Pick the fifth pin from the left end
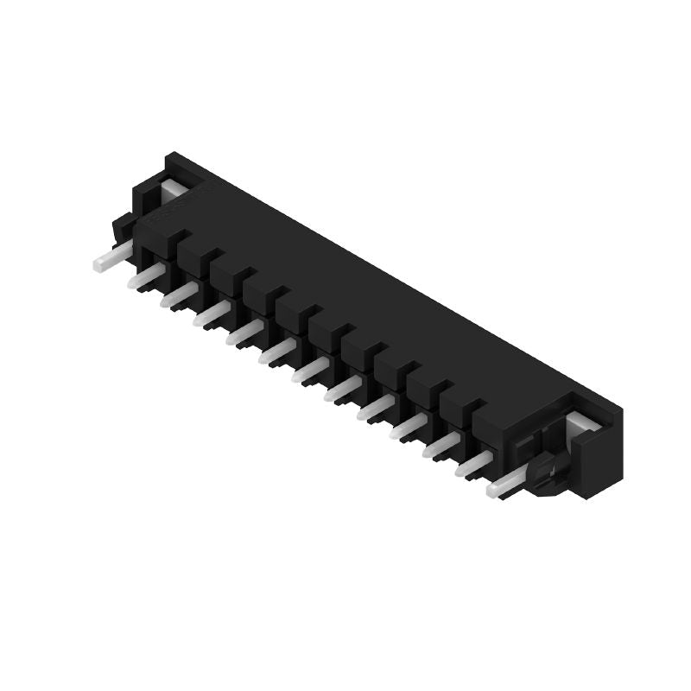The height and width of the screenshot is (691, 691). click(244, 333)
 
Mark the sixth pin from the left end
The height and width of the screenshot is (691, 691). click(277, 351)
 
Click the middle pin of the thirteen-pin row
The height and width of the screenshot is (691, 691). click(310, 370)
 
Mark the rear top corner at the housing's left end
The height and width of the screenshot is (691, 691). click(171, 156)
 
